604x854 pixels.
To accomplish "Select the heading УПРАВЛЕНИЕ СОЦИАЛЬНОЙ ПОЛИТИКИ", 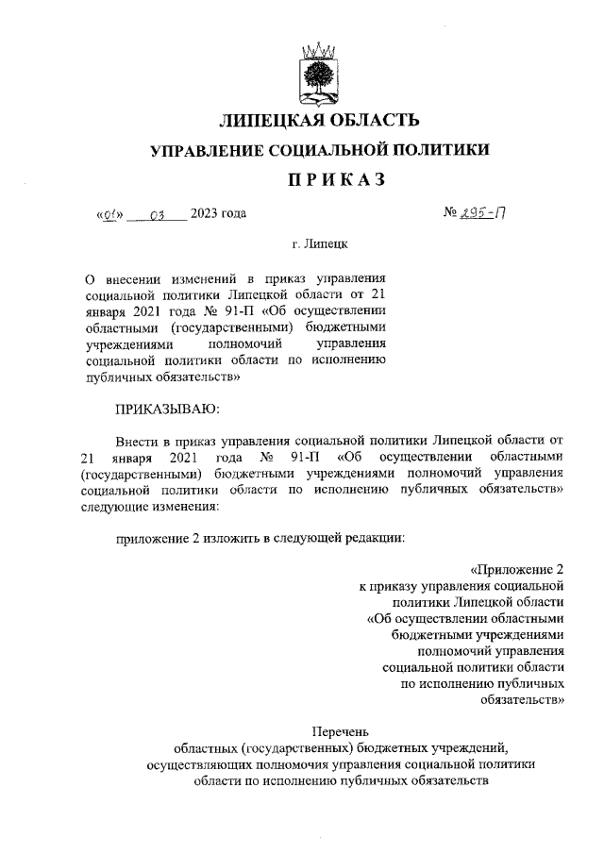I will [320, 150].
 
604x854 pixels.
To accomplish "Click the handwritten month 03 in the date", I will [157, 213].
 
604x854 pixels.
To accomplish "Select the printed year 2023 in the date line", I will [204, 213].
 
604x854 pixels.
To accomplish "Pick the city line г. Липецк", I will [319, 244].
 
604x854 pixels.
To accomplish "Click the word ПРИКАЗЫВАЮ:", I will [166, 409].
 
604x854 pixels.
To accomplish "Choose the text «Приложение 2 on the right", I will [516, 568].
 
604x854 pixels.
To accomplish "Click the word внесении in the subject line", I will [133, 279].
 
